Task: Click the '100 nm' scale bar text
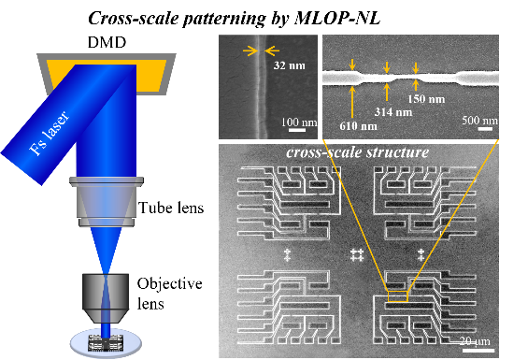(298, 122)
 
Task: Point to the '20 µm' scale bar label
(476, 340)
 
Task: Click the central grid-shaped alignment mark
(355, 254)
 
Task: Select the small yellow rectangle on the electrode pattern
(399, 301)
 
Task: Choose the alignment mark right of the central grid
(421, 254)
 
